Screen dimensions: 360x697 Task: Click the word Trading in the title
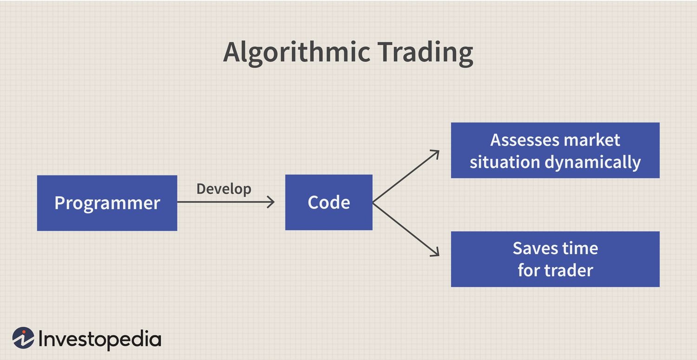(x=425, y=52)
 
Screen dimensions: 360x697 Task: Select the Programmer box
(x=107, y=203)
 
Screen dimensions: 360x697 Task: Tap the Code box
(x=329, y=203)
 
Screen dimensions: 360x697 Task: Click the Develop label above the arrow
(x=224, y=189)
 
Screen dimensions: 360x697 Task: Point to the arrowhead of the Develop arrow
(x=272, y=202)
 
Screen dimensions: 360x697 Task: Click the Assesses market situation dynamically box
(x=555, y=150)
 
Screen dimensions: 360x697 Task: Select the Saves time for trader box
(x=555, y=259)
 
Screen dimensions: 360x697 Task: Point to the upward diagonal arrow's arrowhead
(x=437, y=152)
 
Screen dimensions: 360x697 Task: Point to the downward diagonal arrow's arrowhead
(x=437, y=254)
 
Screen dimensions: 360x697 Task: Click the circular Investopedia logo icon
(x=23, y=338)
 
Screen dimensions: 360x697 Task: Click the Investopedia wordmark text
(x=99, y=340)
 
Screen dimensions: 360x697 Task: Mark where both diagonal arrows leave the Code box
(x=373, y=203)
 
